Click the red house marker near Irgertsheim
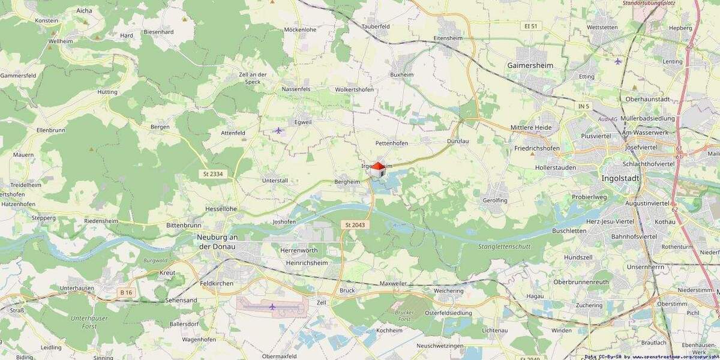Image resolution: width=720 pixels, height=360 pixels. pyautogui.click(x=377, y=169)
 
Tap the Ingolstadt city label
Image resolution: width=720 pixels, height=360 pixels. pyautogui.click(x=621, y=179)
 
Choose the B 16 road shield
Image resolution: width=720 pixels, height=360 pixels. pyautogui.click(x=125, y=292)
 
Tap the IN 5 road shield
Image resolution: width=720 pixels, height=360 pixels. pyautogui.click(x=584, y=106)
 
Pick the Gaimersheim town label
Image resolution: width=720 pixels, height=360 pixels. pyautogui.click(x=530, y=65)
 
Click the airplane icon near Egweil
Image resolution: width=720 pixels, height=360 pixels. pyautogui.click(x=278, y=130)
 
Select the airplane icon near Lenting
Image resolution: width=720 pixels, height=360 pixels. pyautogui.click(x=619, y=61)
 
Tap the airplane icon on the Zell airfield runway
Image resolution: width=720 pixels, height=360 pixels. pyautogui.click(x=272, y=307)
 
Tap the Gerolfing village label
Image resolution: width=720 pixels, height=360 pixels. pyautogui.click(x=495, y=200)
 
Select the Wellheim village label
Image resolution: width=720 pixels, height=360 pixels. pyautogui.click(x=61, y=41)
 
